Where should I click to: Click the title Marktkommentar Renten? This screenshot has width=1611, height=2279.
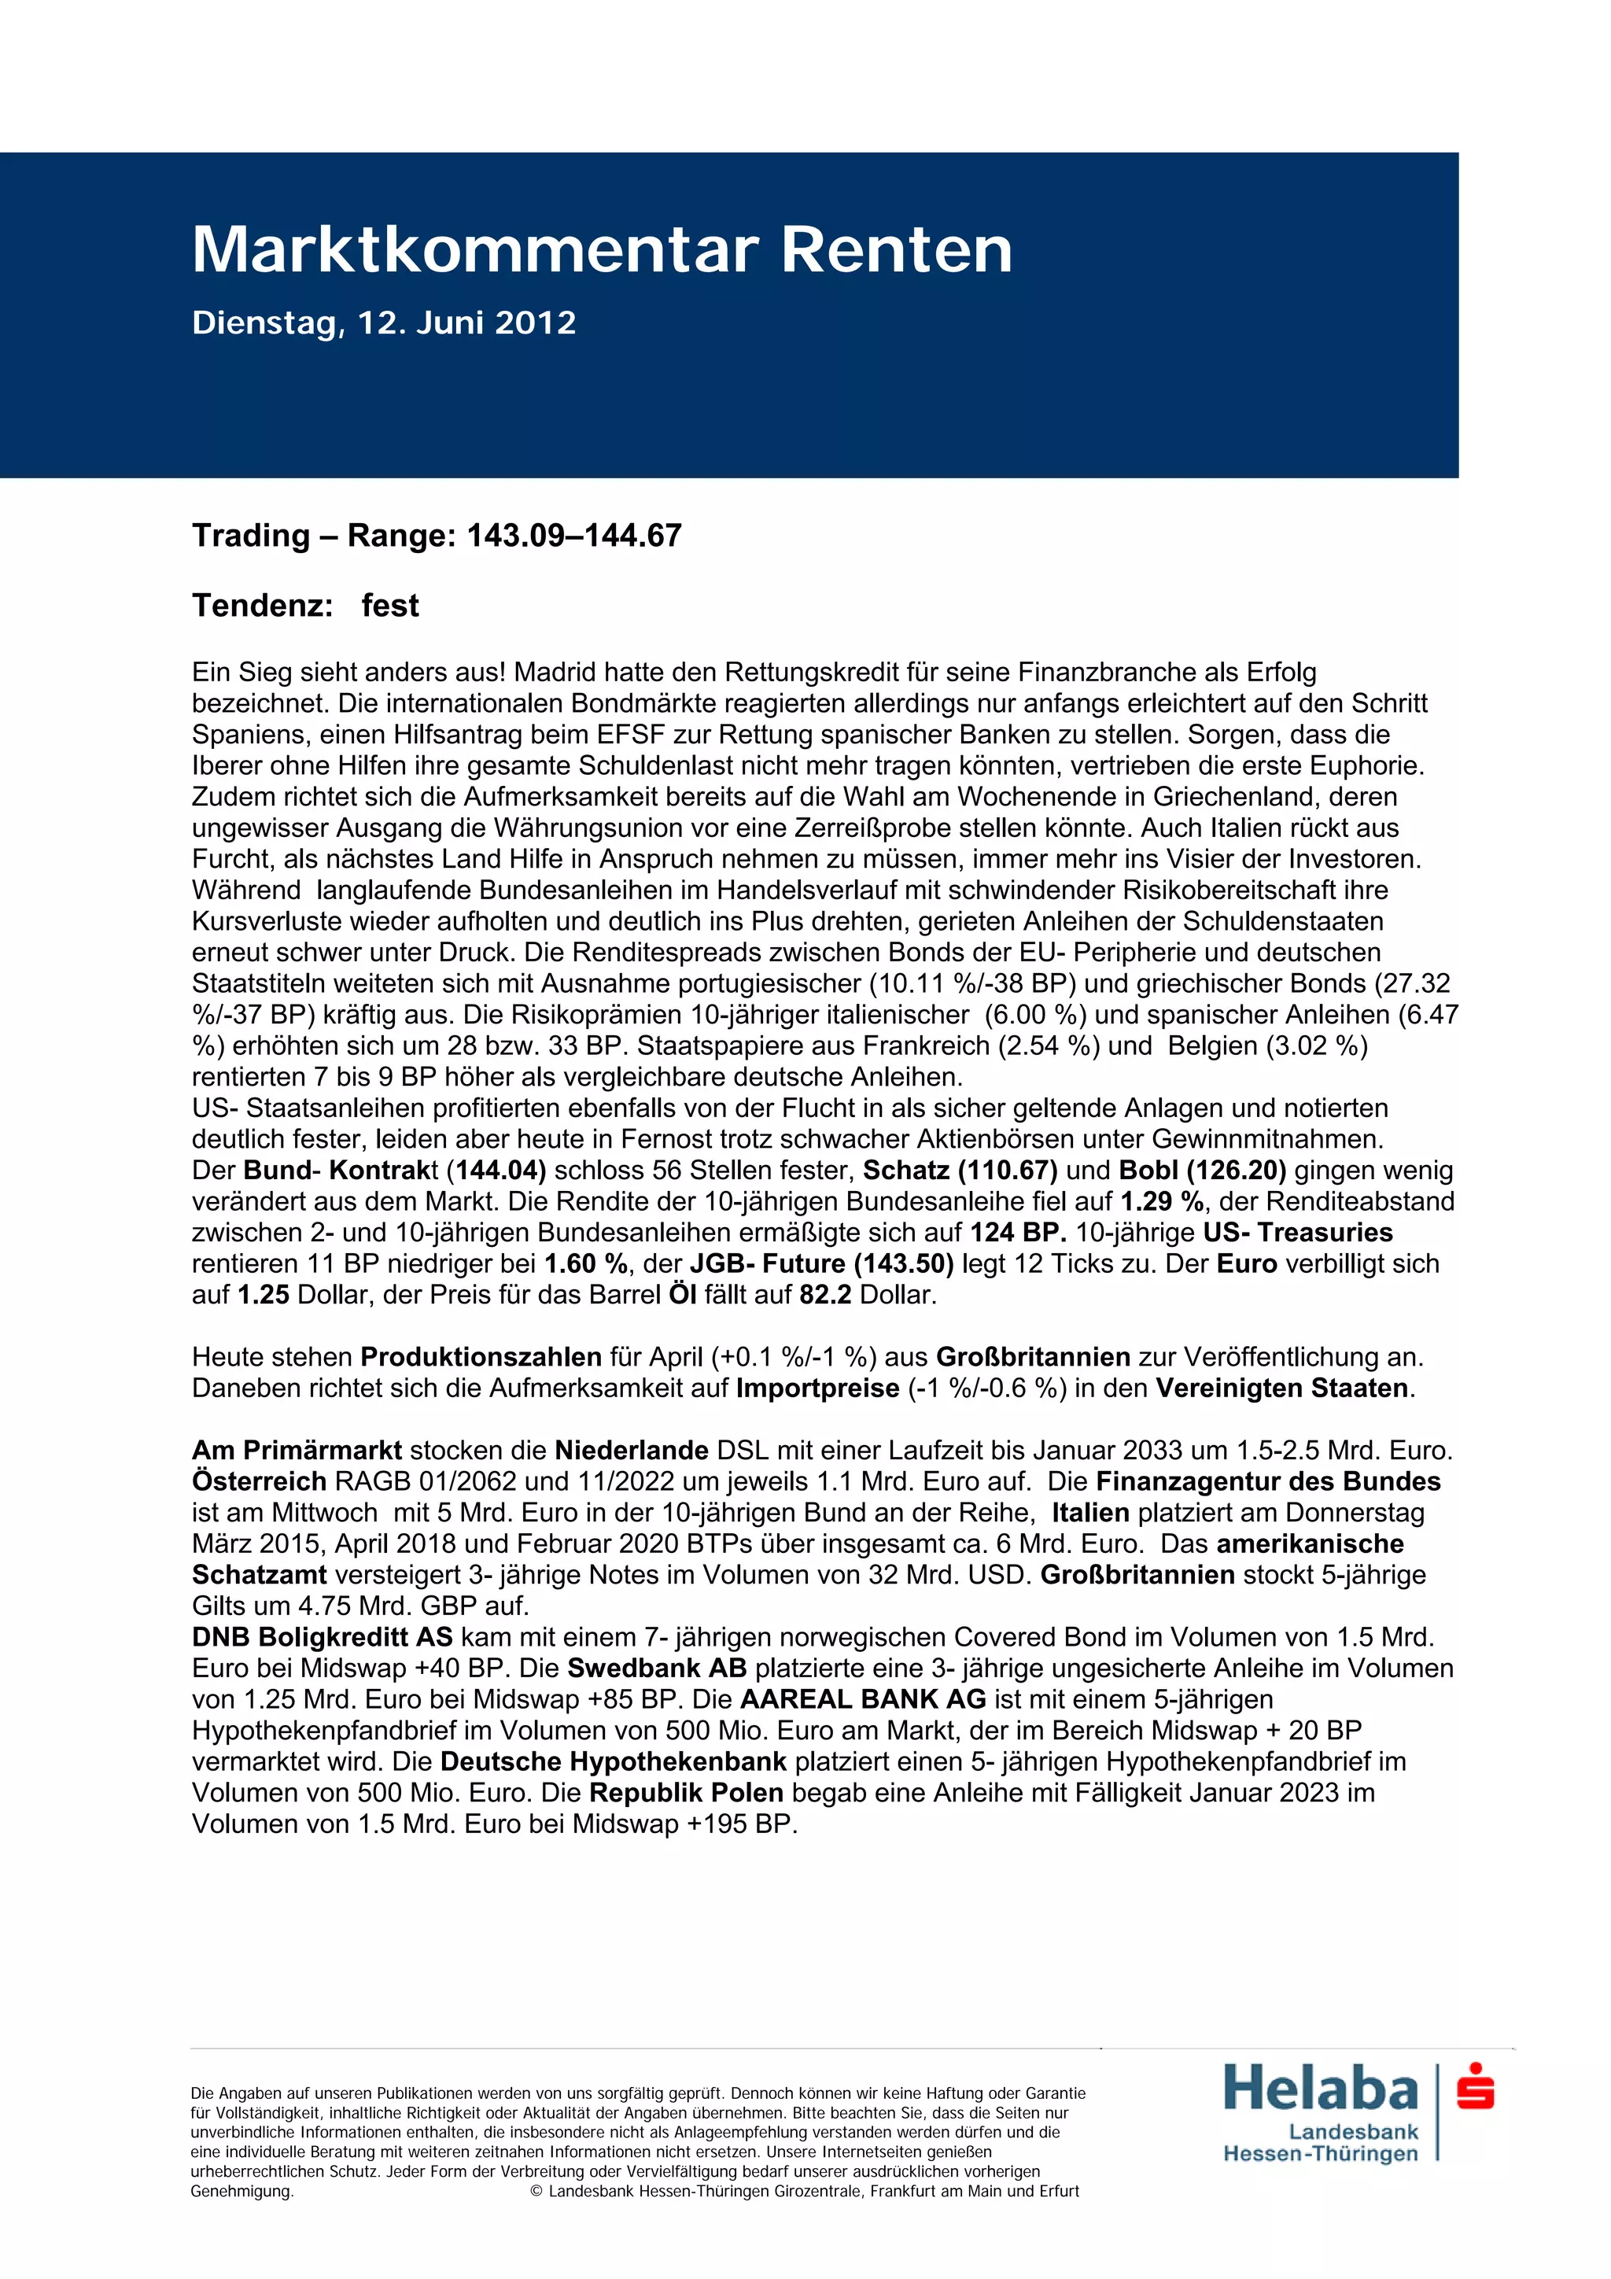point(602,249)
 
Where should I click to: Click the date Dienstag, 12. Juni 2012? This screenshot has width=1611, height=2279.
point(383,323)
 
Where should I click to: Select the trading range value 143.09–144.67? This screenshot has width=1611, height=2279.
point(573,536)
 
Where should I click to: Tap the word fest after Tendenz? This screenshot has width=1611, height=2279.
point(389,606)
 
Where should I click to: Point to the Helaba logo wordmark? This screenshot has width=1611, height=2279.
point(1320,2089)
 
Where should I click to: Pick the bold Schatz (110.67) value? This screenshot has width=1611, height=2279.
point(959,1171)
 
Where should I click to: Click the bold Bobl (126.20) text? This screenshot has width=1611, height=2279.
point(1202,1171)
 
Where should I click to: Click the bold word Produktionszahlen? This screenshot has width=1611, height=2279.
point(481,1357)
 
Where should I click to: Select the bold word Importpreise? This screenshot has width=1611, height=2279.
point(817,1388)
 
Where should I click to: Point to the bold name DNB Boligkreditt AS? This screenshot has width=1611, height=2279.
point(322,1637)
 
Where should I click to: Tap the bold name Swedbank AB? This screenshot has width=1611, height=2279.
point(656,1668)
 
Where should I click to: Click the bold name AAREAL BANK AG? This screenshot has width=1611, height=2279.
point(863,1699)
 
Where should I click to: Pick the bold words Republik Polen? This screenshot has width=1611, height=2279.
point(686,1793)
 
